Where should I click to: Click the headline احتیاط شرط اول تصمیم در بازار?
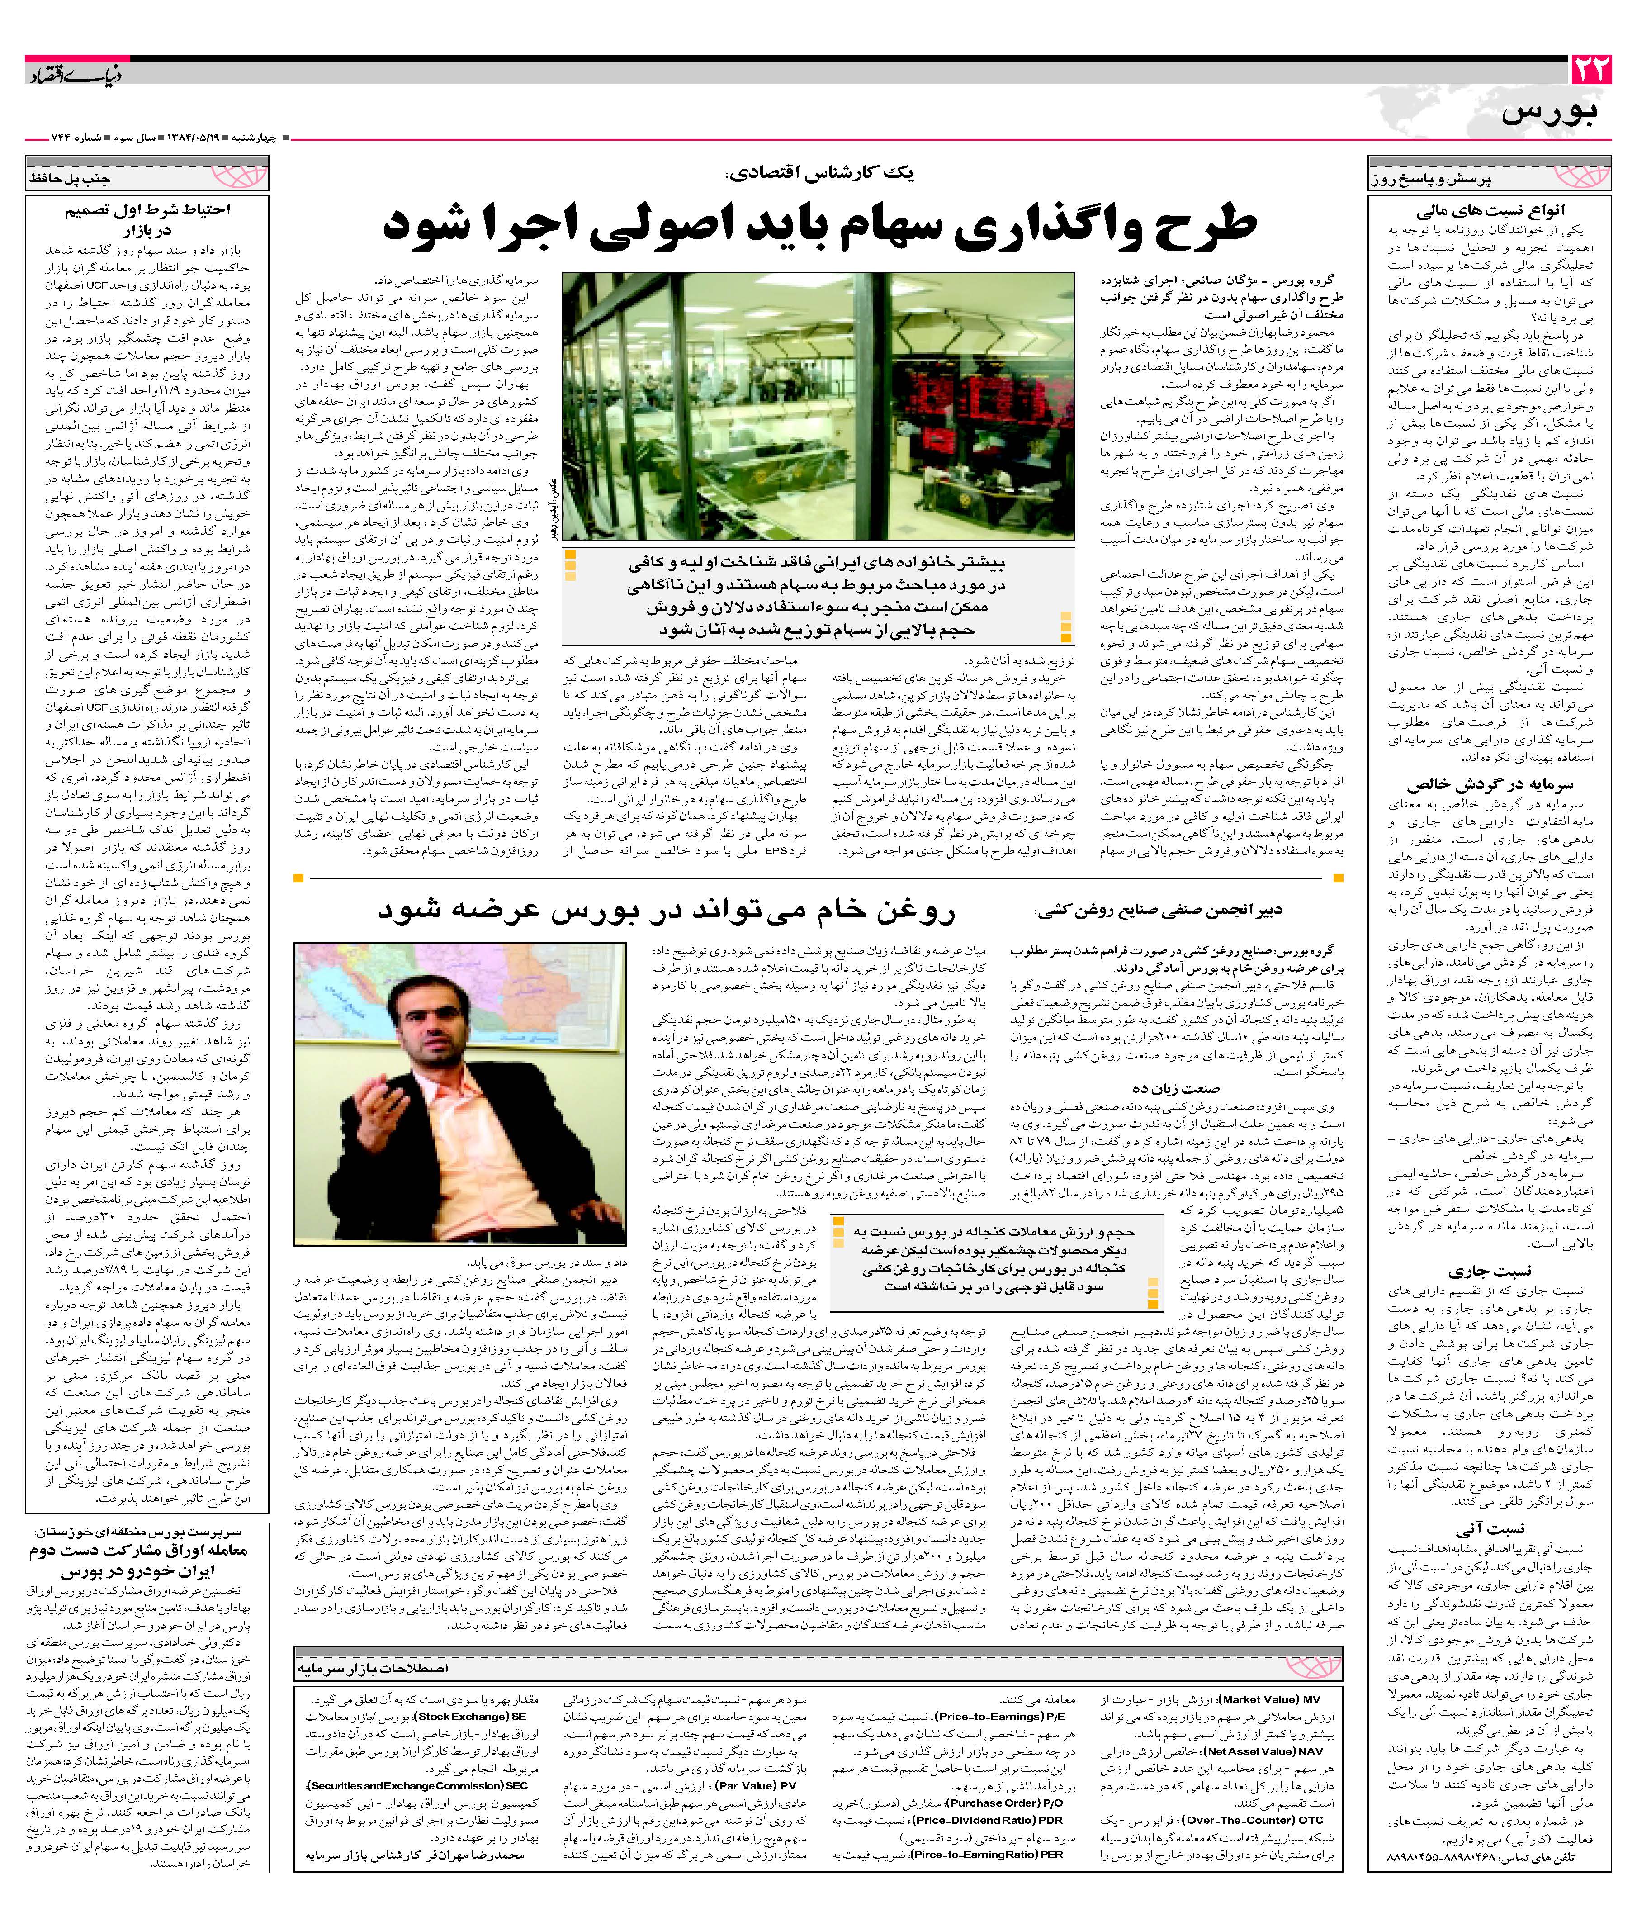pyautogui.click(x=148, y=219)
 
